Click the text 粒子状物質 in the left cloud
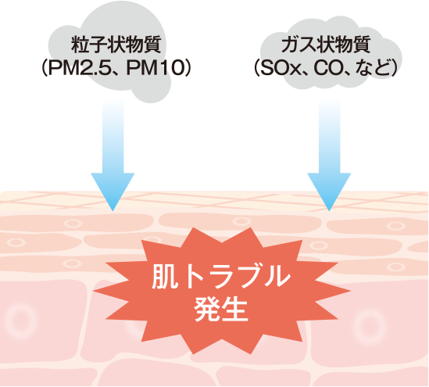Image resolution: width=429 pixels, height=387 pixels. click(116, 45)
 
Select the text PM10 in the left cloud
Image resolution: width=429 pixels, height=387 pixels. click(155, 68)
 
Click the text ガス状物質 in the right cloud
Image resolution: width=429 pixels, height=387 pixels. click(326, 45)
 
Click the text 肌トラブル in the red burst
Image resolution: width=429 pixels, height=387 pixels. click(221, 277)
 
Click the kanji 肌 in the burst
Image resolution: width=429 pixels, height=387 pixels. click(164, 277)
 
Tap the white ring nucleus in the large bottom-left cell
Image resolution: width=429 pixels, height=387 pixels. click(20, 321)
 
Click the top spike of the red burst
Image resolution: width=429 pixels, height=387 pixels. click(250, 228)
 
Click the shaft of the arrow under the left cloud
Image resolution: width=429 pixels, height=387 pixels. click(113, 137)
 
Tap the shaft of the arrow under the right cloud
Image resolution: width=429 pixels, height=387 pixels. click(330, 137)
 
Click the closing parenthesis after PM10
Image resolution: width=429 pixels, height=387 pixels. click(188, 68)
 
